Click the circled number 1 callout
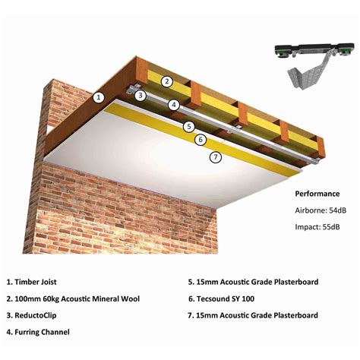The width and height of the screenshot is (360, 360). coord(98,97)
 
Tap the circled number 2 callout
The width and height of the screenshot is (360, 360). coord(166,81)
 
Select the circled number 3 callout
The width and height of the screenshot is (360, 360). coord(140,95)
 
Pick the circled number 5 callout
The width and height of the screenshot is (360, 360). coord(189,127)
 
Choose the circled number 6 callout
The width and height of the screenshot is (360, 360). coord(201,140)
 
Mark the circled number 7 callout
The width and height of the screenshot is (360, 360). coord(215,157)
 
